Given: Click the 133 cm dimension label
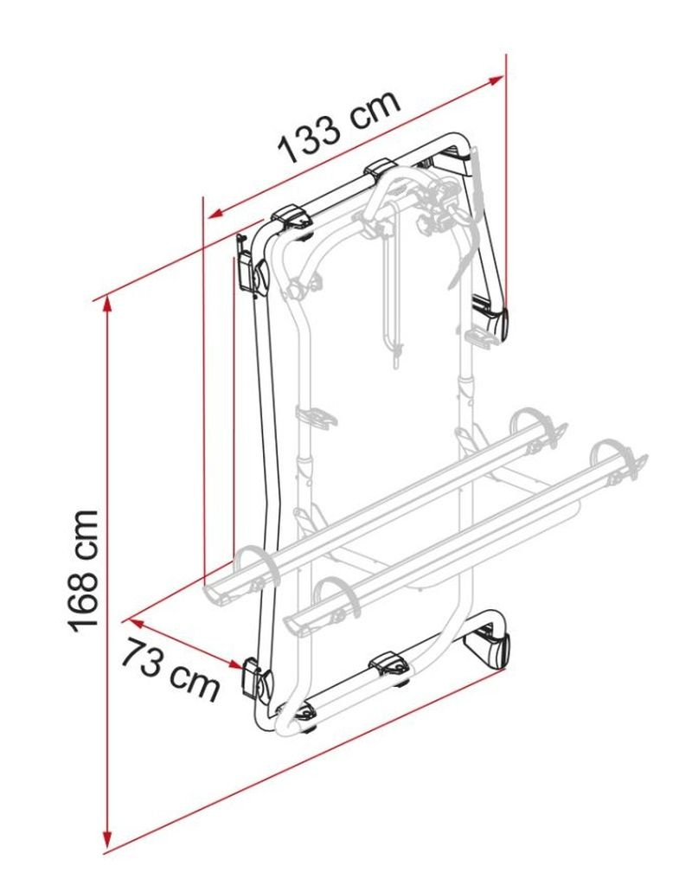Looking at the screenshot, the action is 339,126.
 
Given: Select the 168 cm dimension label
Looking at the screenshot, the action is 84,571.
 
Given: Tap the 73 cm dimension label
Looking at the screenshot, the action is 170,669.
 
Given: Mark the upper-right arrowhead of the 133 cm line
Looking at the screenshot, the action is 496,80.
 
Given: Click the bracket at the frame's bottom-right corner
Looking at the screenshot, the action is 488,648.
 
